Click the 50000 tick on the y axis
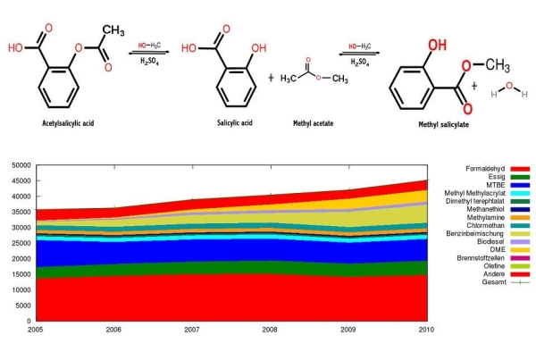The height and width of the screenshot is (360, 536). [x=19, y=165]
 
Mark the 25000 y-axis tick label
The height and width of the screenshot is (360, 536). [x=19, y=243]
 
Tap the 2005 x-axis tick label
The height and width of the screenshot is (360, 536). [x=35, y=330]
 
